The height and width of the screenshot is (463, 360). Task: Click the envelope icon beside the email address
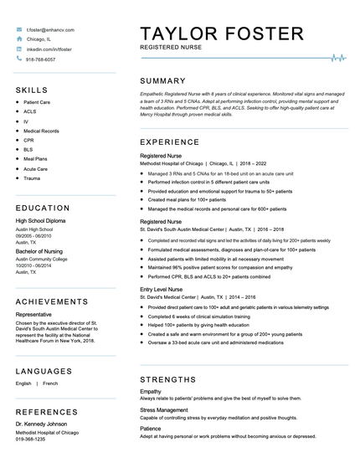18,29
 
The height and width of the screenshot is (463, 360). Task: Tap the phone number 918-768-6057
41,59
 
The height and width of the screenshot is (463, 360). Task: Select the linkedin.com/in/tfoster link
49,49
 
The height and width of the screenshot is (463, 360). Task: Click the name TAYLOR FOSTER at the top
222,33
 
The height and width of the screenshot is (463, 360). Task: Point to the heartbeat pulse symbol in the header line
338,58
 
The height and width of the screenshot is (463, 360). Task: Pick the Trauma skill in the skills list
32,178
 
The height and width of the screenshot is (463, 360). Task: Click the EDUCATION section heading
43,208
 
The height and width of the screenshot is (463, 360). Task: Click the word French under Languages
50,383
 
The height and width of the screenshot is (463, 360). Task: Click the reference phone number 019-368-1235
31,439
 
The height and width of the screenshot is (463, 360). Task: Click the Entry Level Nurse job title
164,289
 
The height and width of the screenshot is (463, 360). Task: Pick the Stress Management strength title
164,409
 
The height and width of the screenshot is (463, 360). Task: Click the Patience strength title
152,428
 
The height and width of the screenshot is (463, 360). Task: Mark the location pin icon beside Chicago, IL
18,39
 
